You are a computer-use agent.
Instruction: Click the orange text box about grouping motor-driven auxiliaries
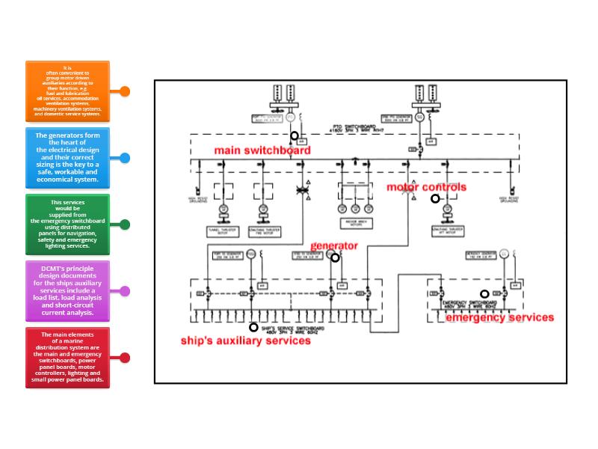[x=67, y=91]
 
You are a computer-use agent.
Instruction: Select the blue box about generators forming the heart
[x=67, y=158]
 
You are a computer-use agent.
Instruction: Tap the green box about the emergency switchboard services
[x=67, y=224]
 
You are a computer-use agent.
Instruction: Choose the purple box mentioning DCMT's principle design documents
[x=67, y=290]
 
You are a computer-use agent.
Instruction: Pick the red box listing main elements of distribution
[x=67, y=358]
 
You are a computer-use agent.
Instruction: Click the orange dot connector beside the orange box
[x=125, y=91]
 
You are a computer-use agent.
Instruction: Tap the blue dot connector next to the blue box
[x=125, y=158]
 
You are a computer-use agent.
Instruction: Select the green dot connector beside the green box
[x=125, y=224]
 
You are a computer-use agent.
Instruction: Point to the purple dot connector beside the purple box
[x=125, y=290]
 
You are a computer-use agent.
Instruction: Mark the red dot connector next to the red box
[x=125, y=358]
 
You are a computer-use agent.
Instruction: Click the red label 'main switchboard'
[x=262, y=150]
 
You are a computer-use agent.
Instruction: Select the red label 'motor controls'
[x=425, y=187]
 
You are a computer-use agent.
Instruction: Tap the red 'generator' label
[x=333, y=245]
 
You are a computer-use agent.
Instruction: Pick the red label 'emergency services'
[x=499, y=317]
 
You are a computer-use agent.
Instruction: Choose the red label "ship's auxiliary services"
[x=245, y=340]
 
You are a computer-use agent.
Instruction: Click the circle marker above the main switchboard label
[x=295, y=136]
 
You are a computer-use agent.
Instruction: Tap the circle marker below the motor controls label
[x=435, y=199]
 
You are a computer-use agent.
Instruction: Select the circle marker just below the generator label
[x=335, y=258]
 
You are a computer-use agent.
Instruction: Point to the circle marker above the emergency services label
[x=484, y=294]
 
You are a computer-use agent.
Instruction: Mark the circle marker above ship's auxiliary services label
[x=253, y=327]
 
